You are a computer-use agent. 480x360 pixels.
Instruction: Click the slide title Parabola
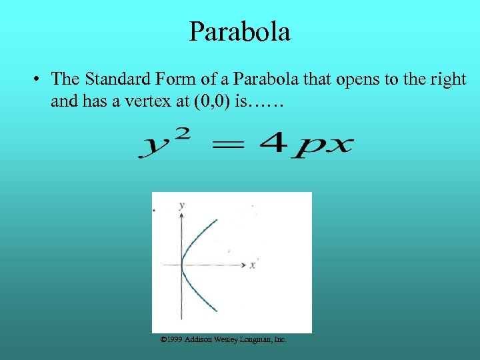[x=239, y=31]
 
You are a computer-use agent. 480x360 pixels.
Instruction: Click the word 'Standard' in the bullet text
[x=115, y=79]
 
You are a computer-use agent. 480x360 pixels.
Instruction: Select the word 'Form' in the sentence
[x=170, y=79]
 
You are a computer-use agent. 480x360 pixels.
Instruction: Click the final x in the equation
[x=339, y=145]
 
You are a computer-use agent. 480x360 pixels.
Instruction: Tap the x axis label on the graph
[x=253, y=265]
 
